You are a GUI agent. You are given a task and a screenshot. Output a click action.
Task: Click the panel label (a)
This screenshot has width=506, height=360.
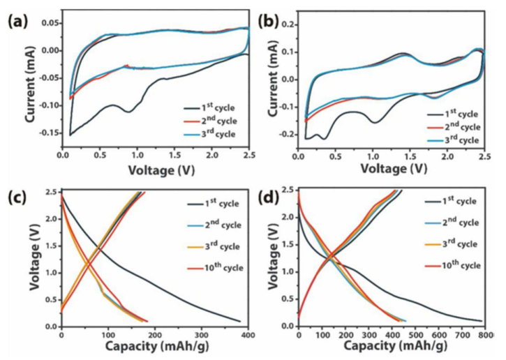(16, 20)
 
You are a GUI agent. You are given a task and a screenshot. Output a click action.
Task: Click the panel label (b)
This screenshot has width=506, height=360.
(267, 20)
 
